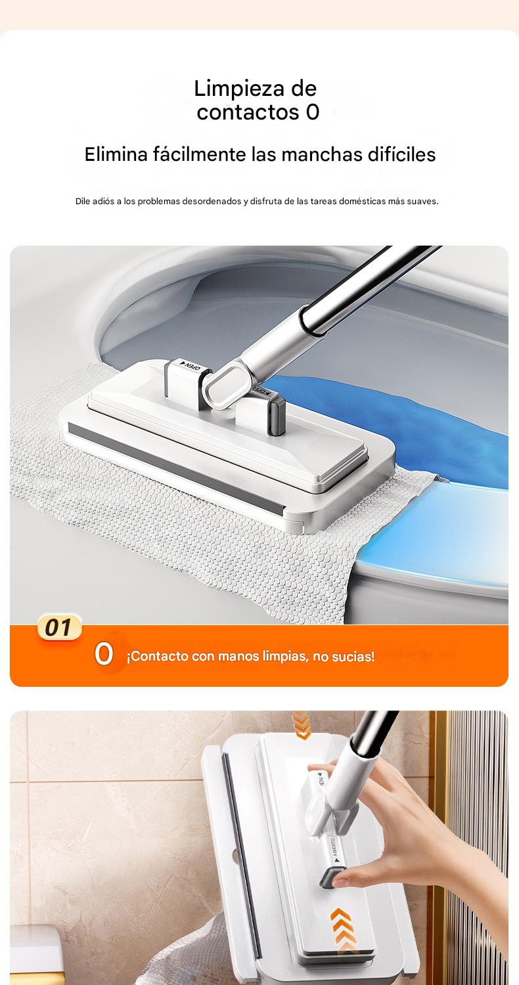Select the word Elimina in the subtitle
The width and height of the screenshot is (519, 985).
click(116, 155)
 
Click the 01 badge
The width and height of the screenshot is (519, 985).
click(58, 627)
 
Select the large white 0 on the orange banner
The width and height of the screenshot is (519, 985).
click(104, 654)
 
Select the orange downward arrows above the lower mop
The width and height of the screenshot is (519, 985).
click(302, 725)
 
